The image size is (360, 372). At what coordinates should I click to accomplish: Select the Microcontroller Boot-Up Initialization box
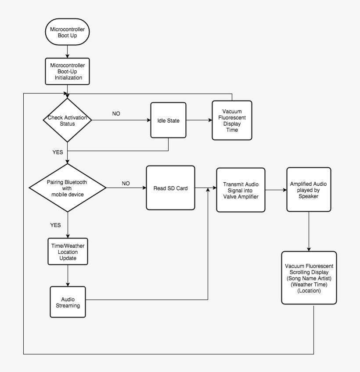point(67,71)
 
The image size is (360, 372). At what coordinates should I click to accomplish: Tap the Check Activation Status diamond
point(67,120)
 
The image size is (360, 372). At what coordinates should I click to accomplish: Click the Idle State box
point(168,120)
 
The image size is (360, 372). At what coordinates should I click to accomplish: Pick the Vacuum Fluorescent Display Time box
point(232,120)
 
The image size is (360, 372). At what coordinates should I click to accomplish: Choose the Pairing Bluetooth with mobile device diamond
point(67,188)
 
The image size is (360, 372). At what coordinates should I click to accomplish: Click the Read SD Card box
point(170,188)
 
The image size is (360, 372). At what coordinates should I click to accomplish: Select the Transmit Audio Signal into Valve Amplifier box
point(241,190)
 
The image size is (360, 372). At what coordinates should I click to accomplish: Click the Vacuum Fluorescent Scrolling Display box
point(309,278)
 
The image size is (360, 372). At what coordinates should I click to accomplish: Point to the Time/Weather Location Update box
point(67,251)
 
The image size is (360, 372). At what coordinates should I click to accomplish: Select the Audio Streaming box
point(67,302)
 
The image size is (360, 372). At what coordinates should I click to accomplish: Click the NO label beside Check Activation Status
point(116,113)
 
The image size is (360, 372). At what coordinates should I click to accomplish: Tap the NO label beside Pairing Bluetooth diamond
point(126,183)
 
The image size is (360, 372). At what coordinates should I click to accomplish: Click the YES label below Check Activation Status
point(58,152)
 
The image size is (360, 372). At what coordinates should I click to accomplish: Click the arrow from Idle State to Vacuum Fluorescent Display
point(199,120)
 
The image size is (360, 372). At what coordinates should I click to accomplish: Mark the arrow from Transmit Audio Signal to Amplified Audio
point(276,190)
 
